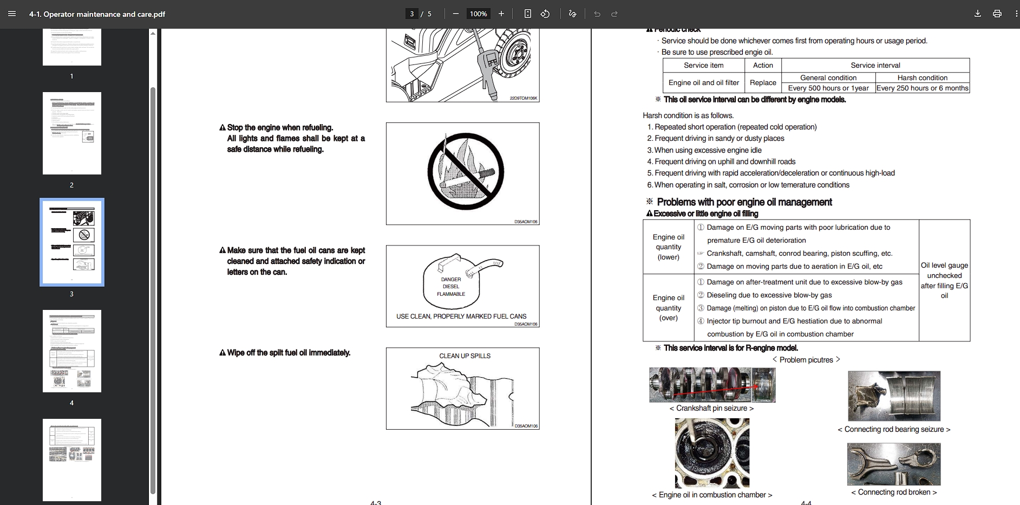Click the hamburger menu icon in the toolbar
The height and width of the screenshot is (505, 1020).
[x=12, y=14]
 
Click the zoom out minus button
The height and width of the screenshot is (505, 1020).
[x=456, y=14]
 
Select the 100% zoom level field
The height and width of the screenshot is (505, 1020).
[x=478, y=14]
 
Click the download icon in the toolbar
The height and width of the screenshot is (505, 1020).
[x=977, y=14]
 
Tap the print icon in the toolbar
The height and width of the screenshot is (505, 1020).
[x=997, y=14]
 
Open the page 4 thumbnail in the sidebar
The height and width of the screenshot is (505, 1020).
[x=72, y=351]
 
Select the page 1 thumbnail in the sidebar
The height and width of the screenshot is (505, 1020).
[x=72, y=48]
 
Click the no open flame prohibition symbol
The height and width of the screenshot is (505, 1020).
[x=465, y=171]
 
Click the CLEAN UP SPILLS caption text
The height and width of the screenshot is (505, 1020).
[x=465, y=356]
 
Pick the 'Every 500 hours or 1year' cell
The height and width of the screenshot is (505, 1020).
[x=828, y=88]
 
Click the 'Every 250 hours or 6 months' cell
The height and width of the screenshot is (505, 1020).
[x=923, y=88]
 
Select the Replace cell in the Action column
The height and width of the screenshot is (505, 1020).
[x=763, y=83]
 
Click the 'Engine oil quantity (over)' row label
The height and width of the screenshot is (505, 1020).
[x=668, y=308]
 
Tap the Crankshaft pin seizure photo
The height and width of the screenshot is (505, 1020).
[x=712, y=385]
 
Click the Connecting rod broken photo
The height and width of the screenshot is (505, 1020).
[x=893, y=464]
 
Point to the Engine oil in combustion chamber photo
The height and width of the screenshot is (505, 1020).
[x=712, y=453]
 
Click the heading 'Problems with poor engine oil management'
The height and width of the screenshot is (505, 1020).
[x=744, y=202]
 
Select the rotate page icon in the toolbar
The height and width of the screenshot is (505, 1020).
[x=545, y=14]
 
